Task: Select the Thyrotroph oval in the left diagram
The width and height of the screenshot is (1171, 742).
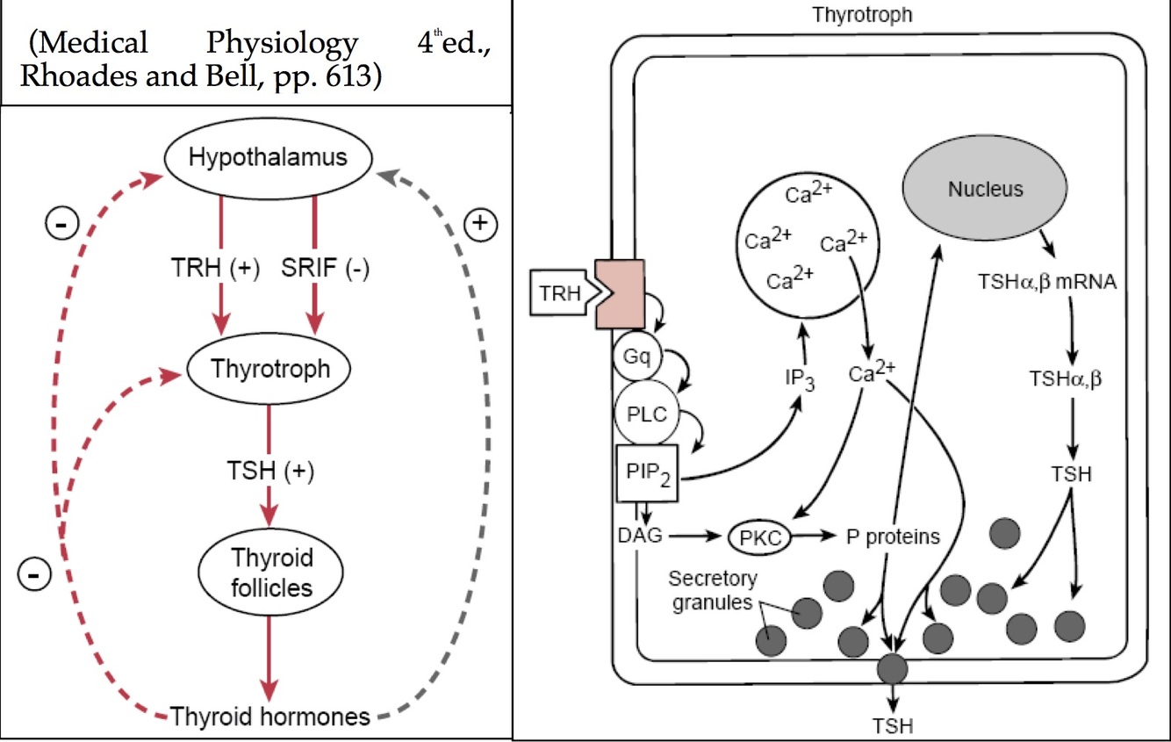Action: coord(270,369)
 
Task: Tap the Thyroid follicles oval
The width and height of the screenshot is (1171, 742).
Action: coord(272,572)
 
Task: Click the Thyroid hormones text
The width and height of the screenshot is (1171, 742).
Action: coord(270,717)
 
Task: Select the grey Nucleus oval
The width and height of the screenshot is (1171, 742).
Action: coord(985,189)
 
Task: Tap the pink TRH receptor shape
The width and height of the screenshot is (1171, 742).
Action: coord(620,293)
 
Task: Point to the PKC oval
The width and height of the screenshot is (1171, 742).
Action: coord(759,537)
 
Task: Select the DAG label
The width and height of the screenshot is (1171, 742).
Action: coord(639,535)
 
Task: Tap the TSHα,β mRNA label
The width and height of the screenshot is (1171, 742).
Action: coord(1046,282)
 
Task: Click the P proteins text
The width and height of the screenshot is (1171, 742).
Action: coord(892,536)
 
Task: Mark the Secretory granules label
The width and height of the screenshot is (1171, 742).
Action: coord(711,591)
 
